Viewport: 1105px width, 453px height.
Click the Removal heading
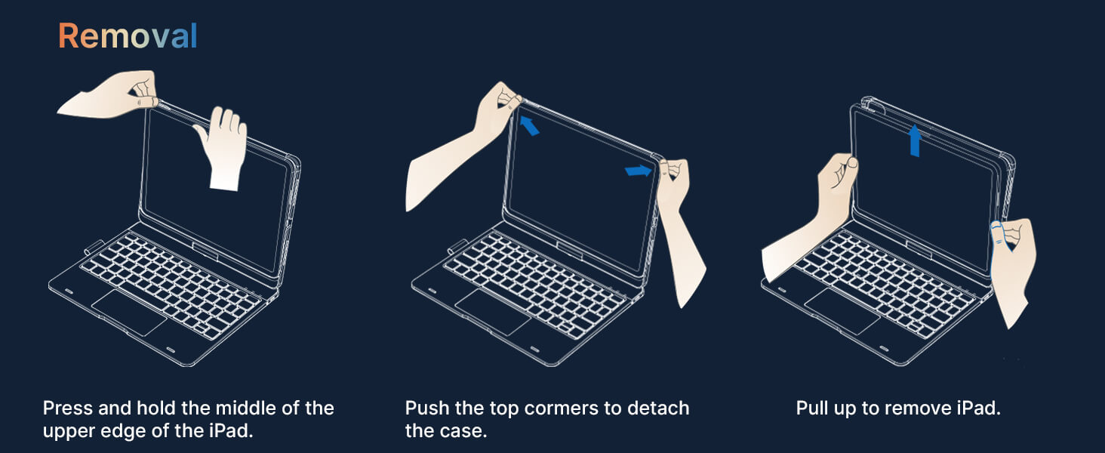click(128, 36)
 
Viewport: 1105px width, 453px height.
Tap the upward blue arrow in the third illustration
click(915, 140)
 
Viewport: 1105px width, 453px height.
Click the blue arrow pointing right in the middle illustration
click(639, 170)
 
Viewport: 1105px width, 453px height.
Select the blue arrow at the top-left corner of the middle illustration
click(529, 125)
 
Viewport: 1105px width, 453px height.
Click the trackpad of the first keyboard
click(129, 313)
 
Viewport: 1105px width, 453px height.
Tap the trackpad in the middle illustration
click(493, 313)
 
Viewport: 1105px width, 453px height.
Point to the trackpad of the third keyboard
click(842, 312)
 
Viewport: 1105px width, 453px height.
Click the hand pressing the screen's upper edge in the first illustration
click(223, 148)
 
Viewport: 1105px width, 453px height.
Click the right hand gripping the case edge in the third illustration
click(1011, 269)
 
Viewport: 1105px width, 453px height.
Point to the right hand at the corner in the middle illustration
click(681, 227)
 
